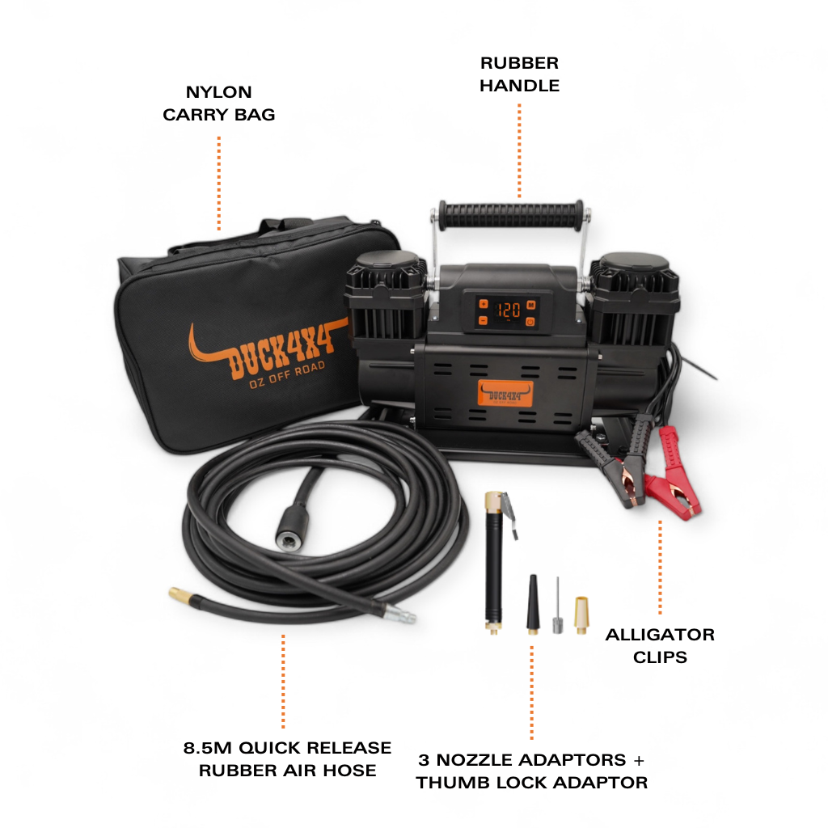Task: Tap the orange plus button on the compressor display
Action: [x=484, y=304]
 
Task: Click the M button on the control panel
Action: [x=530, y=305]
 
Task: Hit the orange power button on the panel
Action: [x=530, y=322]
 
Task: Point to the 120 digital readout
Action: [x=507, y=310]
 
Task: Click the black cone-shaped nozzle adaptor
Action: [x=533, y=603]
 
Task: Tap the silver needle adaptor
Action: [x=558, y=607]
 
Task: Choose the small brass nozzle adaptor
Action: [x=581, y=615]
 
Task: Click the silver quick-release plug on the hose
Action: [x=399, y=615]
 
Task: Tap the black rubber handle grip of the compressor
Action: [x=511, y=215]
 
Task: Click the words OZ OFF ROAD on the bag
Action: [x=287, y=375]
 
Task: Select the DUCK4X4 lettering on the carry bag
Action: [x=282, y=350]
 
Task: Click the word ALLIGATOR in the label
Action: [x=660, y=634]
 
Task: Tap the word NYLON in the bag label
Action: [x=218, y=92]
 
